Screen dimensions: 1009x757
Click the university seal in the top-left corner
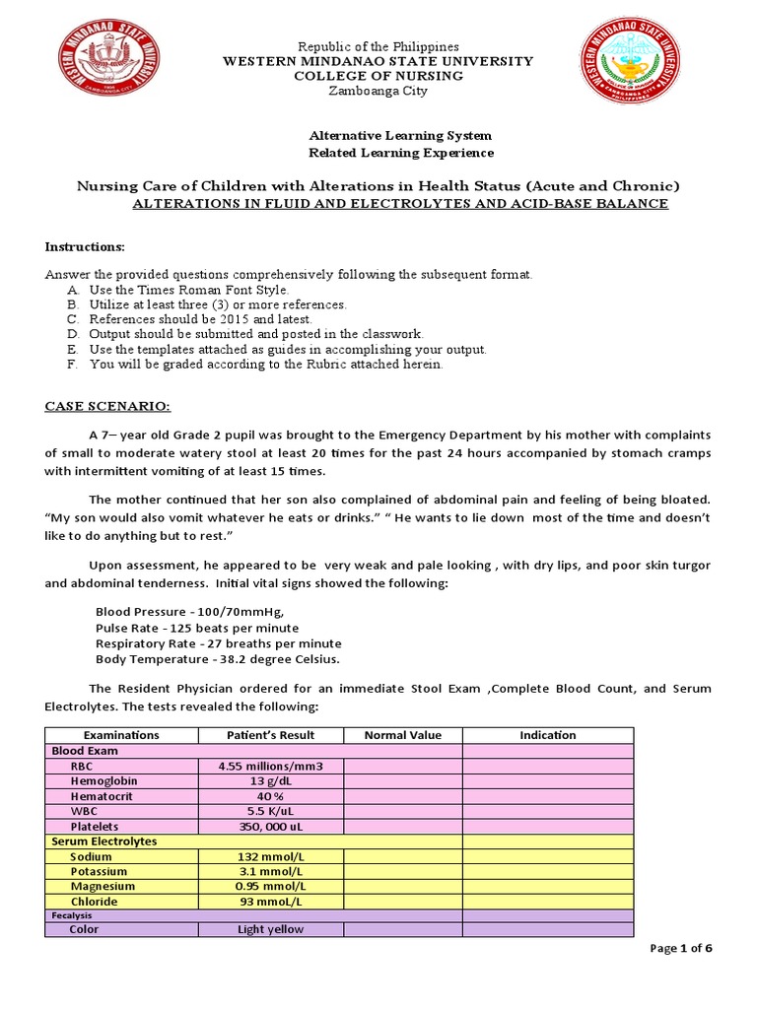click(x=109, y=68)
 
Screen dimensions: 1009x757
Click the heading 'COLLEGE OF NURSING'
click(x=379, y=77)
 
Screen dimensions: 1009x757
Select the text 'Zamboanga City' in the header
click(x=379, y=92)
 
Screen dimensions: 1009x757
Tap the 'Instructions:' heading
click(x=85, y=245)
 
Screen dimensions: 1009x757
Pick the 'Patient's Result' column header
click(x=270, y=735)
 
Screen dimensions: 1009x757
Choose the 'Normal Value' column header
click(x=402, y=735)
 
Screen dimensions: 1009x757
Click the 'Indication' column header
click(x=547, y=735)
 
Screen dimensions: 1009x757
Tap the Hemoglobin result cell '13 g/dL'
click(x=270, y=781)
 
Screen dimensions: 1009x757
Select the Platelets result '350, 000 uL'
click(x=270, y=827)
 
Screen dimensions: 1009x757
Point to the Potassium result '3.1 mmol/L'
click(x=270, y=872)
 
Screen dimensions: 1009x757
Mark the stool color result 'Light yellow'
click(x=270, y=929)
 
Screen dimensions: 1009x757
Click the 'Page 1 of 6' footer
click(x=681, y=948)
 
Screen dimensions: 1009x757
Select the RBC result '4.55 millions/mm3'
click(x=270, y=766)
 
